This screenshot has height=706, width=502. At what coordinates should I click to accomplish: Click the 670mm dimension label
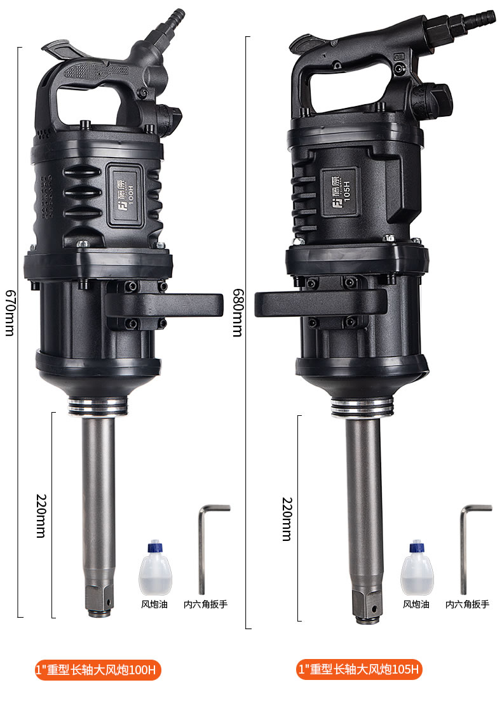click(x=10, y=312)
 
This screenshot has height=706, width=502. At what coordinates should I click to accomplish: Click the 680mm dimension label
click(x=238, y=312)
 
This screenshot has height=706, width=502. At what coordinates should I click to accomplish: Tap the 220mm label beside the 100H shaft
click(x=41, y=516)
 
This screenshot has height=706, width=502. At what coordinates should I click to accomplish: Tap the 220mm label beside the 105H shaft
click(x=287, y=519)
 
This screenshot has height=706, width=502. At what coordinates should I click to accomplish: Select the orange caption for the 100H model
click(x=98, y=670)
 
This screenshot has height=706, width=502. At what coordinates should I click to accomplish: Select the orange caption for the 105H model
click(x=360, y=669)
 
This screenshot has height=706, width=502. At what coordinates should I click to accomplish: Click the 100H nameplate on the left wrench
click(x=126, y=195)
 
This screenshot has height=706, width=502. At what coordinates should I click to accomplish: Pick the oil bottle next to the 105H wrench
click(x=417, y=569)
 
